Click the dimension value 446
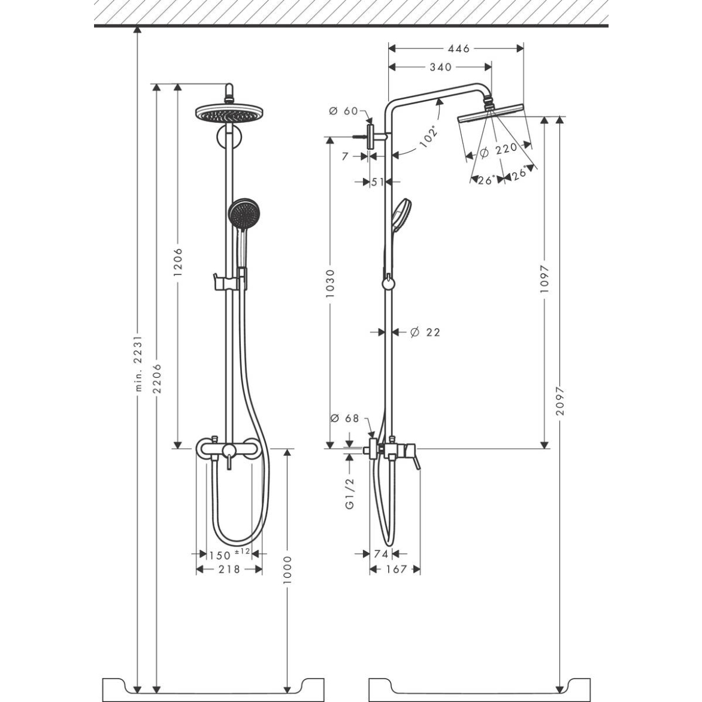click(x=458, y=49)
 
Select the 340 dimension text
click(x=440, y=67)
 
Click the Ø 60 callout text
click(x=343, y=111)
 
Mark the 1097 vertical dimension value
click(x=544, y=279)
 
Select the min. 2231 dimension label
click(x=138, y=364)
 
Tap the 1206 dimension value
click(x=177, y=262)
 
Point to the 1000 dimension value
click(x=288, y=572)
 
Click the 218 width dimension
click(x=229, y=569)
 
